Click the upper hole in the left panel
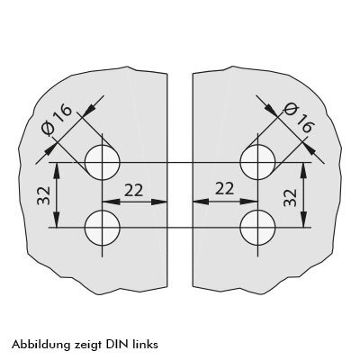point(103,162)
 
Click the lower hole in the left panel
point(103,228)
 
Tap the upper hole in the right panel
point(257,162)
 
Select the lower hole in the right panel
point(257,228)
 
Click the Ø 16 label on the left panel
point(57,120)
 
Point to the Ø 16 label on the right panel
point(299,118)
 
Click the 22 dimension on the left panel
point(133,191)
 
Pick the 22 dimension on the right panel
point(224,189)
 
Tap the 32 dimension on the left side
point(43,195)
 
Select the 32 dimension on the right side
point(290,198)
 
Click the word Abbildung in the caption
point(40,344)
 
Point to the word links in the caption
point(145,344)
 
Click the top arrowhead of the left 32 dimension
point(57,170)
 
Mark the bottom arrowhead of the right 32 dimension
point(303,220)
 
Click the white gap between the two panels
point(180,180)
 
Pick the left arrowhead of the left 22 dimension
point(111,202)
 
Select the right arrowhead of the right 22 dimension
point(249,202)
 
